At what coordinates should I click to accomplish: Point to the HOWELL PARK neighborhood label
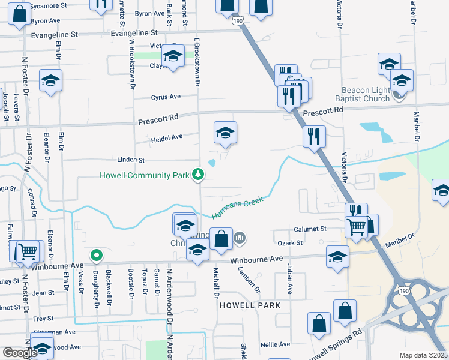click(x=249, y=305)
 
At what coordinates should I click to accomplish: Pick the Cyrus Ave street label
click(x=166, y=97)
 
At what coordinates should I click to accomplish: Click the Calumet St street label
click(x=310, y=229)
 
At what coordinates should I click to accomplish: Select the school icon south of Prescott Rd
click(x=225, y=133)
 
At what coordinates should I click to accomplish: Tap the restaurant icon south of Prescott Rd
click(x=314, y=136)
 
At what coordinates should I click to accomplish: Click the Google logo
click(x=20, y=353)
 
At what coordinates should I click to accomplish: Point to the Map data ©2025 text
click(x=423, y=355)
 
